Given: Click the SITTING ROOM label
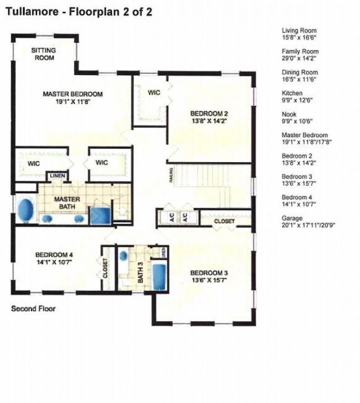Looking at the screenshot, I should [x=43, y=53].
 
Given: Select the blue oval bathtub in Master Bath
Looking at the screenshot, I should [x=25, y=211].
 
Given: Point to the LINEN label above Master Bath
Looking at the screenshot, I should [x=58, y=176].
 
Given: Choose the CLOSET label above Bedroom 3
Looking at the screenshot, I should [x=224, y=222].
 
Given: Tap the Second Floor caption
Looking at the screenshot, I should [x=33, y=308].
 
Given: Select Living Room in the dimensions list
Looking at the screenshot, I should [x=299, y=31].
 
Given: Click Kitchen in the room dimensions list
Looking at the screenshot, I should [x=292, y=93].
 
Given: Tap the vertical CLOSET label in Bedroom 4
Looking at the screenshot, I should [x=106, y=268].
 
